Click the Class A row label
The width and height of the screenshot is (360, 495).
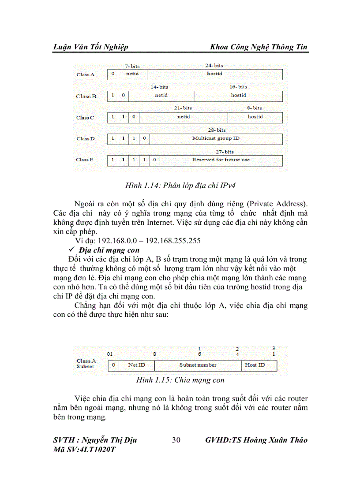[x=85, y=74]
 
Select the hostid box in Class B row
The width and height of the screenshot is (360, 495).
[x=238, y=96]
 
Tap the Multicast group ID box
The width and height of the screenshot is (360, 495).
[x=216, y=138]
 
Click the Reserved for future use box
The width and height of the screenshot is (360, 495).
[x=221, y=160]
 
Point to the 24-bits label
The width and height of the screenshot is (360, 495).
[x=214, y=66]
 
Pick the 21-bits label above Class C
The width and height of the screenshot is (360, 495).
[x=183, y=108]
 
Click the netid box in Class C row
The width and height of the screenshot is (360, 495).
[x=184, y=117]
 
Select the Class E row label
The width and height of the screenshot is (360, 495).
[x=85, y=160]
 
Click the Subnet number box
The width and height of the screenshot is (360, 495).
[x=198, y=365]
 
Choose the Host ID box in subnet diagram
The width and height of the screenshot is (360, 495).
[x=259, y=365]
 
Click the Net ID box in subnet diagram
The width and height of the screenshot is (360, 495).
[x=136, y=365]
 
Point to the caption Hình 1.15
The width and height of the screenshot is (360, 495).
[x=180, y=380]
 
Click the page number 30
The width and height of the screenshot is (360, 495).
[x=176, y=440]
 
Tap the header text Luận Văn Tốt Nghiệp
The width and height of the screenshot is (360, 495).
[x=90, y=47]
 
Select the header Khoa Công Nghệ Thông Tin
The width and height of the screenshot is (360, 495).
[x=259, y=47]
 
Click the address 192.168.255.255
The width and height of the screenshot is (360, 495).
[x=170, y=241]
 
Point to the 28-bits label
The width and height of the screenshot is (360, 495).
[x=217, y=130]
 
